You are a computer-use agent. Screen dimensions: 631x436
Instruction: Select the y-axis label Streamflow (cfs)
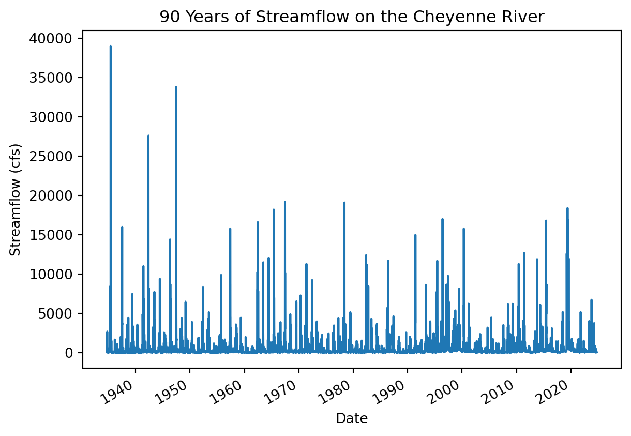pos(15,200)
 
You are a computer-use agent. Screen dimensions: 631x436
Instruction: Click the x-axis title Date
pos(352,418)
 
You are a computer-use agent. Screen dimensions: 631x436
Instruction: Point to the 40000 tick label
pos(51,39)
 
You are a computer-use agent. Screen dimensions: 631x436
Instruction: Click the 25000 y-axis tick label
pos(51,156)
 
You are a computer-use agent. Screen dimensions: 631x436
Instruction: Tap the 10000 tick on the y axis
pos(51,274)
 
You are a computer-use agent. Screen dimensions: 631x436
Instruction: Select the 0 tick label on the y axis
pos(69,353)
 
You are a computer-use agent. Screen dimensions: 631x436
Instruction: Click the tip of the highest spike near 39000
pos(111,46)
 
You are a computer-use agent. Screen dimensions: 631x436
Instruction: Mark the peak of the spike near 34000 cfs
pos(176,87)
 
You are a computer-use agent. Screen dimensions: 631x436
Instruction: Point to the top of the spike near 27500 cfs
pos(148,136)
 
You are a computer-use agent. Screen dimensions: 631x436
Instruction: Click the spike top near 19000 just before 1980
pos(344,203)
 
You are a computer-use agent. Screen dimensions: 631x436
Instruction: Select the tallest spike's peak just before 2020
pos(567,208)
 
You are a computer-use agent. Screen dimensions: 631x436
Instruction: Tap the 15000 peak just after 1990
pos(415,235)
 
